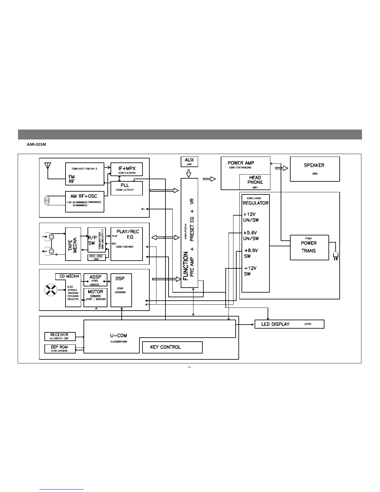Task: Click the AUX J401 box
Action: click(189, 162)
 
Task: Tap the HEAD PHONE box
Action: click(255, 182)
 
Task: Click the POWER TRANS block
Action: click(309, 247)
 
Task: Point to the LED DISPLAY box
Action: click(289, 324)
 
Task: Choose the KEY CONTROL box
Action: click(172, 347)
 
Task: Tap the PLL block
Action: click(127, 188)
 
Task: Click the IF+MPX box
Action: click(127, 169)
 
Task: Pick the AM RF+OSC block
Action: click(84, 202)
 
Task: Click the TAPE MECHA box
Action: click(73, 244)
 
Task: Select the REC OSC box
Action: click(97, 257)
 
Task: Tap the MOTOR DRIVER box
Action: click(95, 297)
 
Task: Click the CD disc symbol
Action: click(51, 291)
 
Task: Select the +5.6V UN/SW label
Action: click(251, 235)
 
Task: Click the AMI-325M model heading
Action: click(36, 145)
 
